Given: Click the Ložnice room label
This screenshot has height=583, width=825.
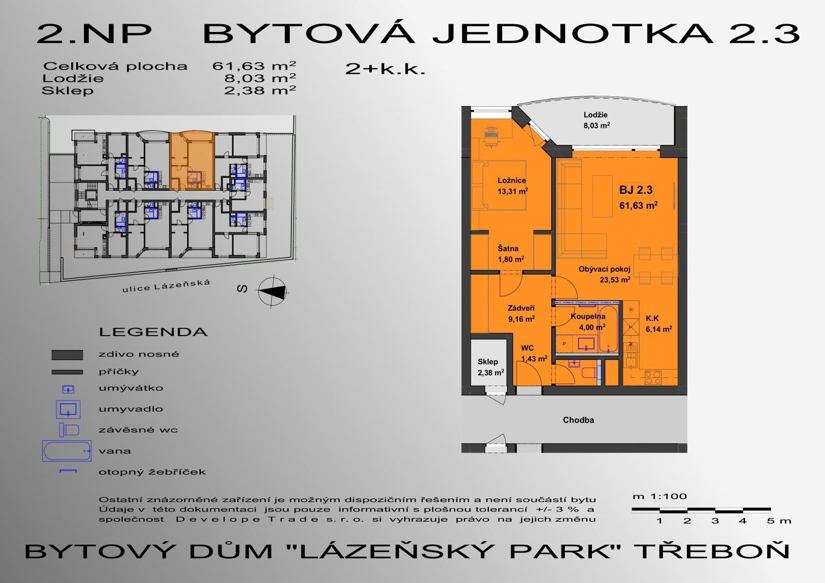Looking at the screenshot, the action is pyautogui.click(x=511, y=180).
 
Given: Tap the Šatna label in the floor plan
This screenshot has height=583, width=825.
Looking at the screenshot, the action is pyautogui.click(x=508, y=248).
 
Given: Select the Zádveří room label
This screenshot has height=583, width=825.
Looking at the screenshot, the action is pyautogui.click(x=521, y=308).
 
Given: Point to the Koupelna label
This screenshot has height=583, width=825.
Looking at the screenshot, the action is pyautogui.click(x=588, y=317).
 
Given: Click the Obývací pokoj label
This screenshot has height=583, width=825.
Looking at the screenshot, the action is pyautogui.click(x=604, y=269).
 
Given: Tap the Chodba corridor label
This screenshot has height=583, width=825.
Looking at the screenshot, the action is pyautogui.click(x=578, y=420).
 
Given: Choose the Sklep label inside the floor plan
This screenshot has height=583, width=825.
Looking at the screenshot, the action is pyautogui.click(x=488, y=362).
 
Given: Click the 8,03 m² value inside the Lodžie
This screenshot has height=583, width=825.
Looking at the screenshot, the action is pyautogui.click(x=597, y=125).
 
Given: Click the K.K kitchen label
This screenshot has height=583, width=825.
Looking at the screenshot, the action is pyautogui.click(x=652, y=319).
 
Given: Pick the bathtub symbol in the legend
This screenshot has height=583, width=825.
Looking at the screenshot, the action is pyautogui.click(x=67, y=451).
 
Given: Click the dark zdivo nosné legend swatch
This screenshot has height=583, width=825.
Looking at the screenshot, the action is pyautogui.click(x=67, y=355).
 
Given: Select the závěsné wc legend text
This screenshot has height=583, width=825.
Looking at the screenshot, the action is pyautogui.click(x=138, y=430).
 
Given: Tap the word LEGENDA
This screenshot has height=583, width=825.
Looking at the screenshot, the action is pyautogui.click(x=153, y=332).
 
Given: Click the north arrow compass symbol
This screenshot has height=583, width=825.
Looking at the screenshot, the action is pyautogui.click(x=273, y=291).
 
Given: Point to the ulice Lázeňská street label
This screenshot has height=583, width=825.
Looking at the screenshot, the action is pyautogui.click(x=167, y=286).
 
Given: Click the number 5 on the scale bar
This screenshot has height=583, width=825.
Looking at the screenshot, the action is pyautogui.click(x=770, y=521).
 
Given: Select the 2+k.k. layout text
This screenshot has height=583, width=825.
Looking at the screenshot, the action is pyautogui.click(x=385, y=69).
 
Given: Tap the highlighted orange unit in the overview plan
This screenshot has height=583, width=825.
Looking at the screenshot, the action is pyautogui.click(x=192, y=161).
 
